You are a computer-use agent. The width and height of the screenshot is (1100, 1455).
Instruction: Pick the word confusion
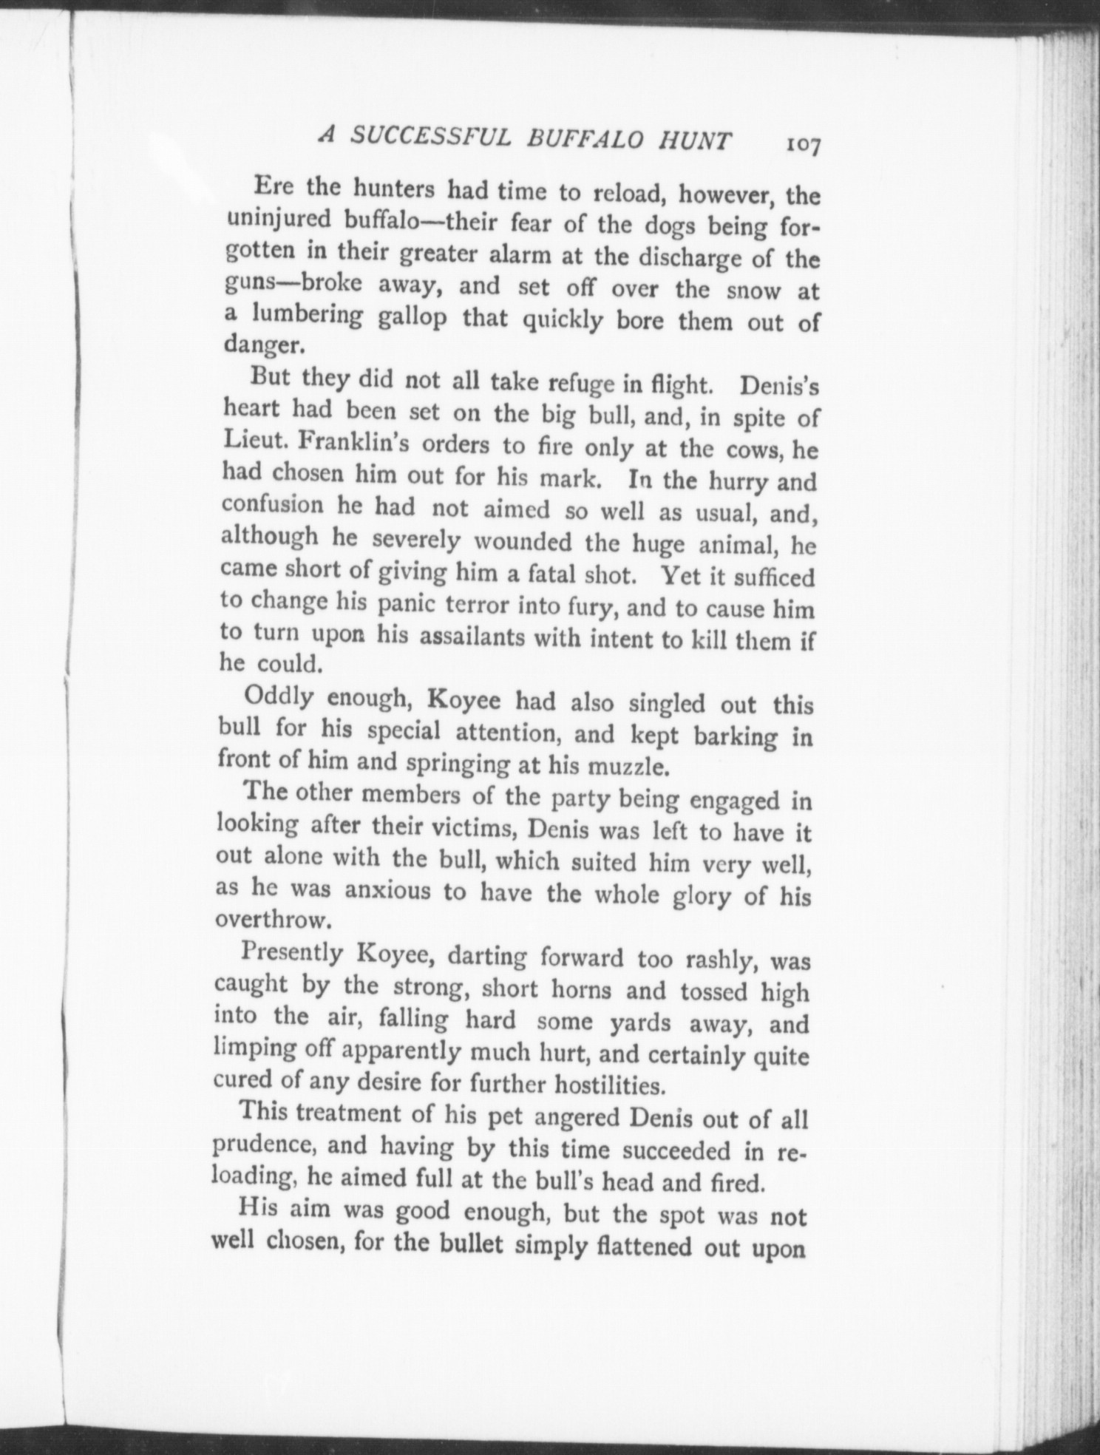tap(272, 505)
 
